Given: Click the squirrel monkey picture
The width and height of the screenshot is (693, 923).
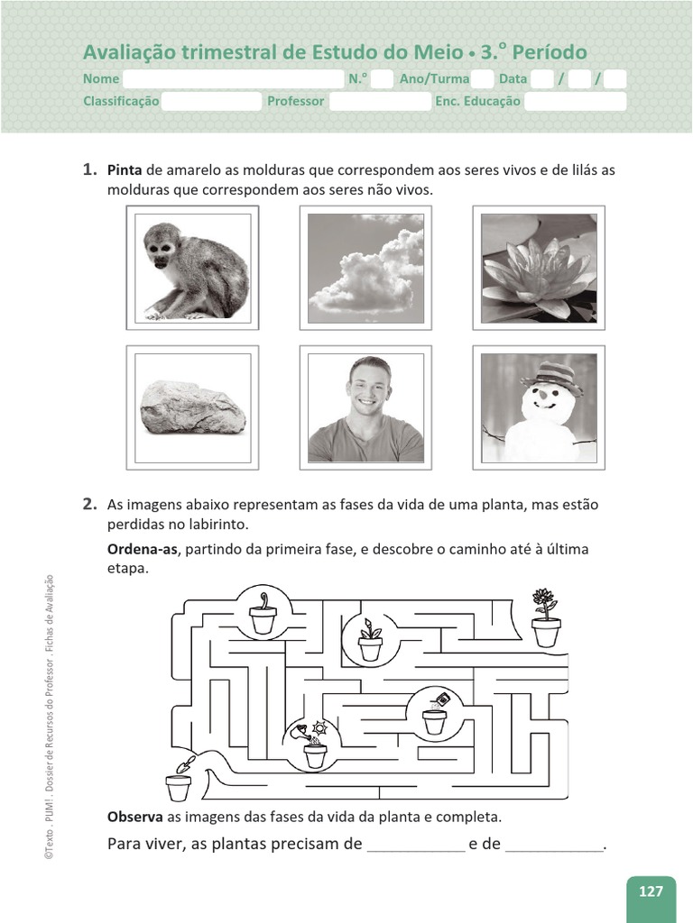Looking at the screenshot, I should (x=192, y=270).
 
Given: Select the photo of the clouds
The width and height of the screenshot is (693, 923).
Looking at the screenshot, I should (x=365, y=269).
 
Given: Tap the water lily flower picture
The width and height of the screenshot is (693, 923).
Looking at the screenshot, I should (x=539, y=269).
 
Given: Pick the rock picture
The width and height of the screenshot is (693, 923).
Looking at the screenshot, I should (x=192, y=407).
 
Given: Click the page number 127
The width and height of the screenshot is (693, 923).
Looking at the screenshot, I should (x=651, y=891).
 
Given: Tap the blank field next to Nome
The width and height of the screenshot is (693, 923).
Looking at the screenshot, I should (x=233, y=79).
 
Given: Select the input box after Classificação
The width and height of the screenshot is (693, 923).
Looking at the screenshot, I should (x=211, y=102).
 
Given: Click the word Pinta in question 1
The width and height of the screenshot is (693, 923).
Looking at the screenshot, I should (x=125, y=170).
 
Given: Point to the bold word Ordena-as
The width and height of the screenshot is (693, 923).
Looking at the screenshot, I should (x=142, y=550).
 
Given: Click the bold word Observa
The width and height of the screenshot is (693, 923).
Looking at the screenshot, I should (x=134, y=817).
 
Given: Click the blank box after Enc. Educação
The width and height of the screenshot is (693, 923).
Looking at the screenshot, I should (x=575, y=102).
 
